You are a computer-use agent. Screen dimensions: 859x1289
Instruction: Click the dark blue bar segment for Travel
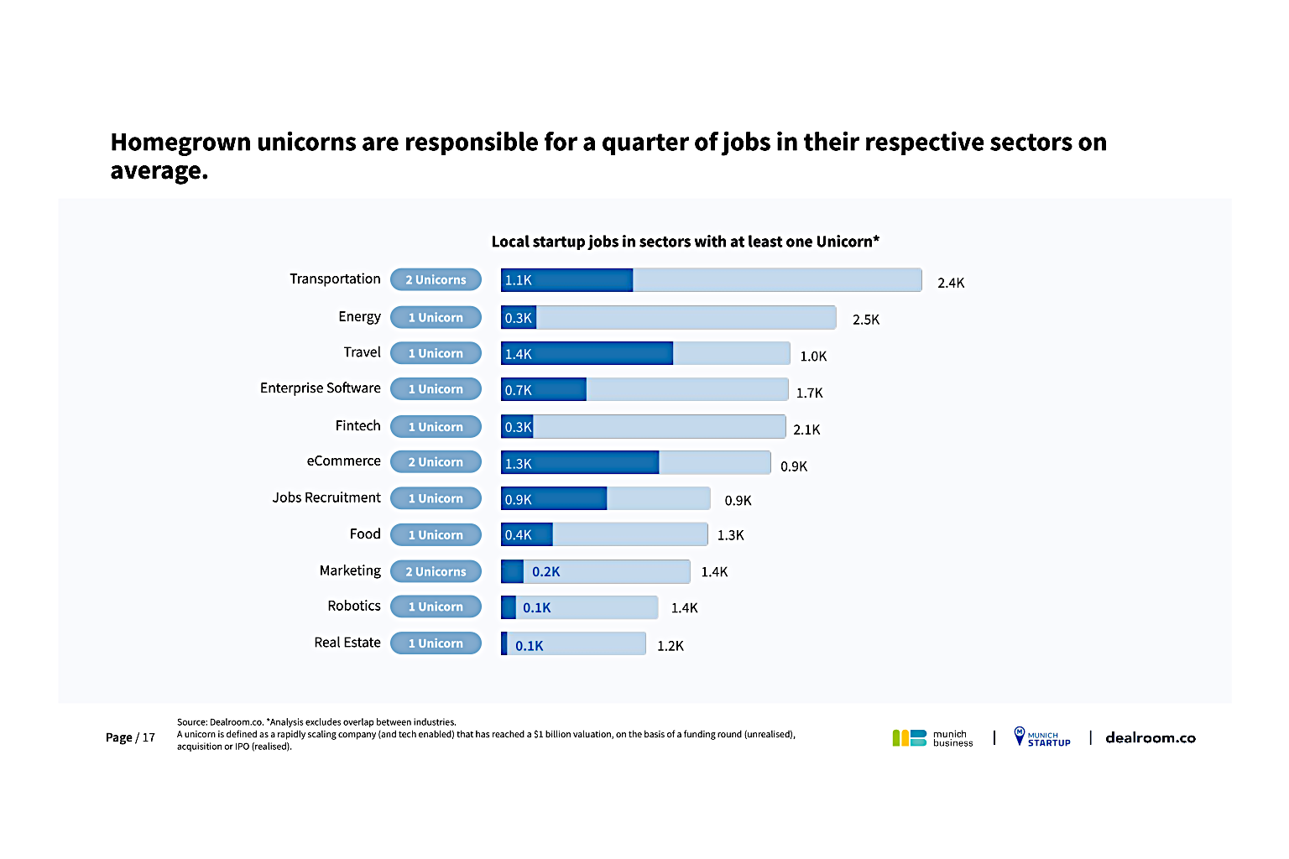tap(587, 353)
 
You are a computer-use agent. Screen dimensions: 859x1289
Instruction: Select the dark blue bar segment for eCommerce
tap(580, 462)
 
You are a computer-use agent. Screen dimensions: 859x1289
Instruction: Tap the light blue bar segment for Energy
tap(686, 317)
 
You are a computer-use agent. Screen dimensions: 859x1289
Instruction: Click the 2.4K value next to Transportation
tap(951, 283)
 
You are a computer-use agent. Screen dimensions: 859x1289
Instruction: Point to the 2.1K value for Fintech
tap(806, 429)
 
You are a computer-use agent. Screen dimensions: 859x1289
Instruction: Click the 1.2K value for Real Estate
tap(670, 646)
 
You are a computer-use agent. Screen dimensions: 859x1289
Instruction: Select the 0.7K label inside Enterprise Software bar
tap(519, 390)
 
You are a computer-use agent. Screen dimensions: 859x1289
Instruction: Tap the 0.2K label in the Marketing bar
tap(545, 572)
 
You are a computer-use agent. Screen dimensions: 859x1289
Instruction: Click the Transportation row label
tap(335, 279)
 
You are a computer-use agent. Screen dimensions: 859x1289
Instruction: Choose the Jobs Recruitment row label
tap(326, 497)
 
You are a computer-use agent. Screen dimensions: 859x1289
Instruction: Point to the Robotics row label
tap(354, 606)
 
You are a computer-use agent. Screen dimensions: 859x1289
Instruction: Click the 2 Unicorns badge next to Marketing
tap(436, 571)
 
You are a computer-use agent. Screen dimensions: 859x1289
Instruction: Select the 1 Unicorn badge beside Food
tap(436, 534)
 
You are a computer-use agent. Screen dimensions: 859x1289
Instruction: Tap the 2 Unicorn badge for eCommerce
tap(436, 461)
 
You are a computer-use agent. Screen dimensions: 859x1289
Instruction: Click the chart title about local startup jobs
tap(685, 242)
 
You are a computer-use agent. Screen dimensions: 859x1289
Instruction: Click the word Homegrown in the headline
tap(180, 143)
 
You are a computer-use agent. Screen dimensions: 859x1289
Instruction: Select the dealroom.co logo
tap(1150, 737)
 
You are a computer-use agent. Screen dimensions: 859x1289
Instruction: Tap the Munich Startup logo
tap(1041, 737)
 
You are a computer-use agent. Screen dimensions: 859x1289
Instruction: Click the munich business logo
tap(932, 738)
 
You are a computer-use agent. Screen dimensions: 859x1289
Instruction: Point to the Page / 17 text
tap(130, 737)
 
